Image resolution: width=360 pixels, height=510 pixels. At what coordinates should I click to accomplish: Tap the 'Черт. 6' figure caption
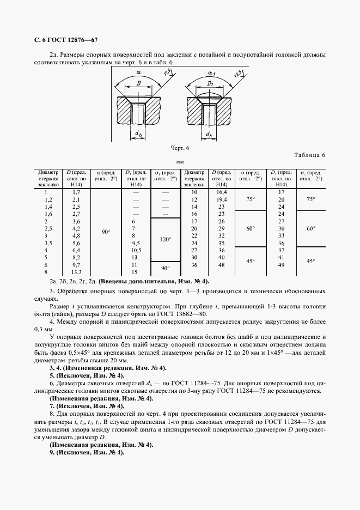point(180,148)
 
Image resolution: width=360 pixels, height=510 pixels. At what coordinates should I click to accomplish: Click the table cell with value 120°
point(165,239)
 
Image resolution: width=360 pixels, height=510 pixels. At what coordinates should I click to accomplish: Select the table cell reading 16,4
point(222,192)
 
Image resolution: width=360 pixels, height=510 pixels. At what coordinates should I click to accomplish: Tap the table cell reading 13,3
point(76,272)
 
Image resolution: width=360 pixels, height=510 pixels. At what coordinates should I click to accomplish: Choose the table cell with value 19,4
point(222,200)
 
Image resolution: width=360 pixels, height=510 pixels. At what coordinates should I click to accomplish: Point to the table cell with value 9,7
point(76,264)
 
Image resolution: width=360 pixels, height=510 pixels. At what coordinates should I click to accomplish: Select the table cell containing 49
point(282,265)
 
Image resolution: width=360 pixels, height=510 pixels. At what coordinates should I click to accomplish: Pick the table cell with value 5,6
point(76,243)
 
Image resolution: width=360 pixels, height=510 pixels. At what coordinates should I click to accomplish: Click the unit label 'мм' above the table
point(180,162)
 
